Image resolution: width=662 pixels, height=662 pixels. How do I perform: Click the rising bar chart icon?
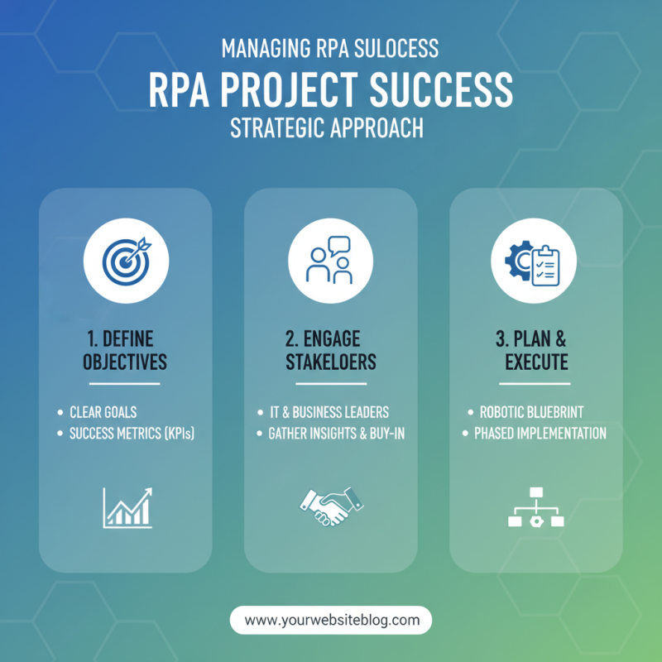coord(127,507)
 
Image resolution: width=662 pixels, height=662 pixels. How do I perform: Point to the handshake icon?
coord(330,506)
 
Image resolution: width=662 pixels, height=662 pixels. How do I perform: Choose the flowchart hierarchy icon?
coord(535,506)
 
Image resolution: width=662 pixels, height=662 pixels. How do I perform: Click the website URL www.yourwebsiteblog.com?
coord(331,620)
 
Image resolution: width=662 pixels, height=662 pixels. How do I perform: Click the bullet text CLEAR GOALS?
coord(103,412)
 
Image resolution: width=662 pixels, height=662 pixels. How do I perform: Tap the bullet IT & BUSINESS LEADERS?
coord(329,412)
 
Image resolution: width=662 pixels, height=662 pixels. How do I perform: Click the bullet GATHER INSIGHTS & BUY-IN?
coord(336,434)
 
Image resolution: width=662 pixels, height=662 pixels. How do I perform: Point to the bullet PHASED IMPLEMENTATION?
coord(540,434)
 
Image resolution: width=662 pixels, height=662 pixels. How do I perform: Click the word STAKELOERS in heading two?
coord(330,362)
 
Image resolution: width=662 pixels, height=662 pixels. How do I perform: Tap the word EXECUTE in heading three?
coord(536,362)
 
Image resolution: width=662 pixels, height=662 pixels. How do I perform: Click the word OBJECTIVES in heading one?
coord(125,362)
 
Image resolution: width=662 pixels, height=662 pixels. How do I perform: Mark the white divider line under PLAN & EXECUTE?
coord(535,384)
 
